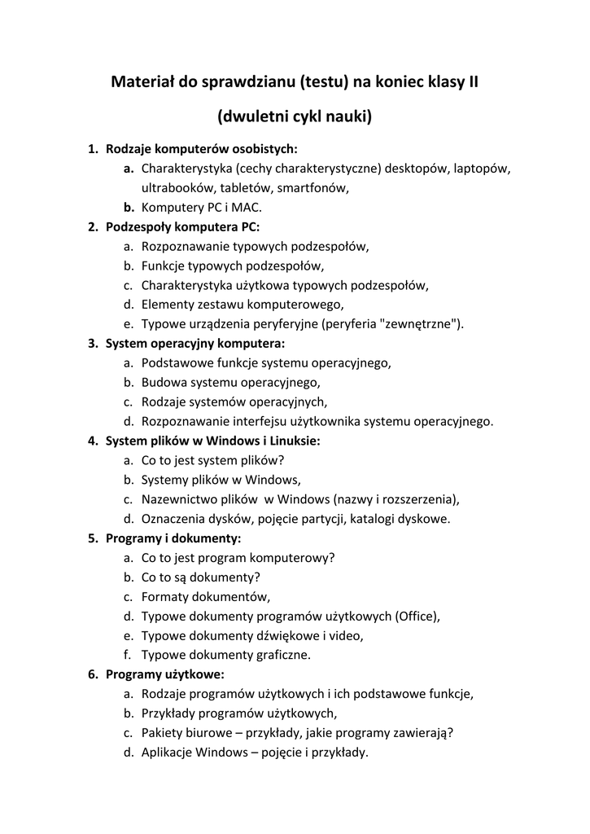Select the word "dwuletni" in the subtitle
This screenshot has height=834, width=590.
pyautogui.click(x=254, y=117)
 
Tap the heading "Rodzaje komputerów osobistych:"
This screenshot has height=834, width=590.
pyautogui.click(x=202, y=149)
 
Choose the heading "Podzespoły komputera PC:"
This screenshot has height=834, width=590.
pyautogui.click(x=182, y=227)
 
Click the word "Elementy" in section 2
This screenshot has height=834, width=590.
pyautogui.click(x=167, y=305)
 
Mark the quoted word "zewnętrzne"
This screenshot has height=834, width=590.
pyautogui.click(x=419, y=324)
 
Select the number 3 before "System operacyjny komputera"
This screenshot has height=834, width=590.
pyautogui.click(x=92, y=344)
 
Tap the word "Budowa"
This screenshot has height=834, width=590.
pyautogui.click(x=164, y=383)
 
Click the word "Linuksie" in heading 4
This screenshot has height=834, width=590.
pyautogui.click(x=294, y=441)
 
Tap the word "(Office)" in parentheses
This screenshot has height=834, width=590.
pyautogui.click(x=417, y=617)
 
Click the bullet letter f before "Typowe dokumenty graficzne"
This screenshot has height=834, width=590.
pyautogui.click(x=128, y=655)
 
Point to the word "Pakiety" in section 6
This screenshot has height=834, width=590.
pyautogui.click(x=162, y=733)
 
